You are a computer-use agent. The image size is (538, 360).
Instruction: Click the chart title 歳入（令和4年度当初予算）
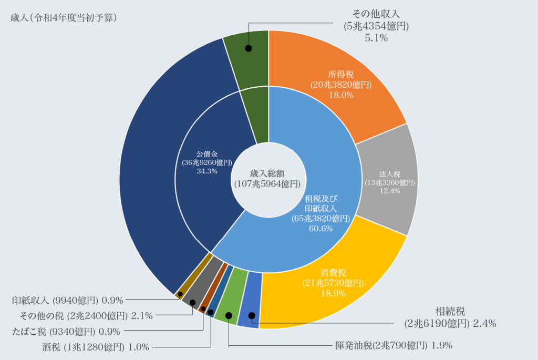[64, 17]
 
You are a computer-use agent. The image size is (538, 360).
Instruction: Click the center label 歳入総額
[267, 173]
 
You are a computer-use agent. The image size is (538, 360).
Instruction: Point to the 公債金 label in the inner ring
[207, 154]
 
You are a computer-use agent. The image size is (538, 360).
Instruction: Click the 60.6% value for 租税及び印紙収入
[321, 228]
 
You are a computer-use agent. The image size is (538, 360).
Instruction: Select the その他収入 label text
[376, 14]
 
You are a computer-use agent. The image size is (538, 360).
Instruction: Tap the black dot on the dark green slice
[249, 48]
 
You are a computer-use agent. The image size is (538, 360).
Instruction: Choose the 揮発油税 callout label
[394, 345]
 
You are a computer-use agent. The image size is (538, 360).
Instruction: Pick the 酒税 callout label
[96, 347]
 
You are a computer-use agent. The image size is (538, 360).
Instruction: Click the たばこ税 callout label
[66, 332]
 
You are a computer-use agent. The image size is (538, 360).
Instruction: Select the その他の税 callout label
[86, 316]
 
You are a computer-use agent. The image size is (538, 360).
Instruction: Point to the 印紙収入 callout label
[68, 300]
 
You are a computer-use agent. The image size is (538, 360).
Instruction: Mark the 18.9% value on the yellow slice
[333, 293]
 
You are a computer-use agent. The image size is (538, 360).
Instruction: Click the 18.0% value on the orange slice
[341, 95]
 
